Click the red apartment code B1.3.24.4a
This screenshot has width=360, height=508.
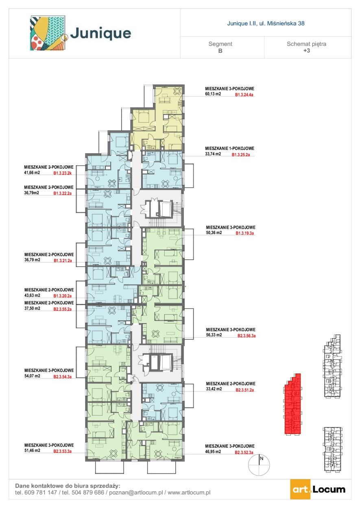[x=244, y=95]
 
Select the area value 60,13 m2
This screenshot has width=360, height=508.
[x=213, y=94]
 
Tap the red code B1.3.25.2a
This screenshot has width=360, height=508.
[x=240, y=155]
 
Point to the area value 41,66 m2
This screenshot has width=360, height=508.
[x=32, y=173]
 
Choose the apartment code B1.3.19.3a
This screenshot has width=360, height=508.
[x=245, y=233]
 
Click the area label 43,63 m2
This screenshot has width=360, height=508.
[x=32, y=295]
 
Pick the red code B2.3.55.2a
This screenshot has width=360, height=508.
[x=62, y=309]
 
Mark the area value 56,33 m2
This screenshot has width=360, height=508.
[x=214, y=335]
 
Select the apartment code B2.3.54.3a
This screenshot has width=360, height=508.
[x=62, y=377]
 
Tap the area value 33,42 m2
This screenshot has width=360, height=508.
[x=214, y=389]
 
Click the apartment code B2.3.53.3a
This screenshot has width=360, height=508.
[x=62, y=451]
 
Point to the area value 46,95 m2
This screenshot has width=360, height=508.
[x=213, y=452]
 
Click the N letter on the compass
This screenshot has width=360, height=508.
[x=262, y=458]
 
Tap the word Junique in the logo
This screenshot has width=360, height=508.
[x=100, y=34]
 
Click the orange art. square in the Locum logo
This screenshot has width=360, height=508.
[x=300, y=489]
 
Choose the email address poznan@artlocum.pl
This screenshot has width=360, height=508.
[x=136, y=493]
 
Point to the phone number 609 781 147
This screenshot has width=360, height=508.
[x=41, y=493]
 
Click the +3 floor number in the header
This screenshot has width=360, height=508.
[x=307, y=50]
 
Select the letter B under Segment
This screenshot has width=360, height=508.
[x=220, y=51]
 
